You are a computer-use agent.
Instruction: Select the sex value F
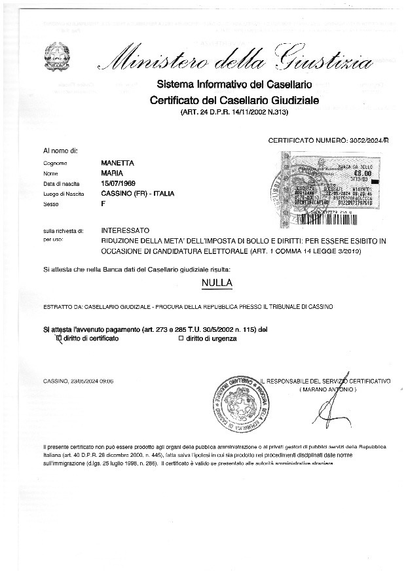coord(103,204)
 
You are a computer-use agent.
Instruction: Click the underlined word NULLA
coord(217,283)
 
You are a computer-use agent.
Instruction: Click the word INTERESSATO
coord(125,231)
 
